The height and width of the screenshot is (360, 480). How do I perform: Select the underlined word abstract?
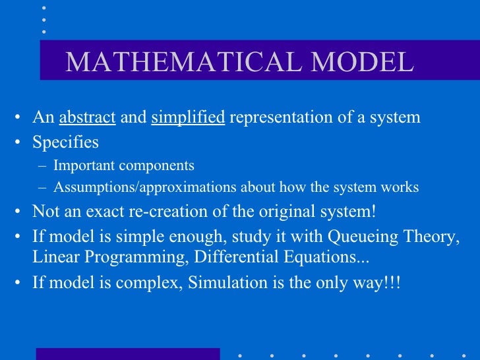88,118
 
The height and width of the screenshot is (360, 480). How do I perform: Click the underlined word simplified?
188,118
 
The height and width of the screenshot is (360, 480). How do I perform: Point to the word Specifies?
66,142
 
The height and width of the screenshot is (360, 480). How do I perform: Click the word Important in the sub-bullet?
82,165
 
